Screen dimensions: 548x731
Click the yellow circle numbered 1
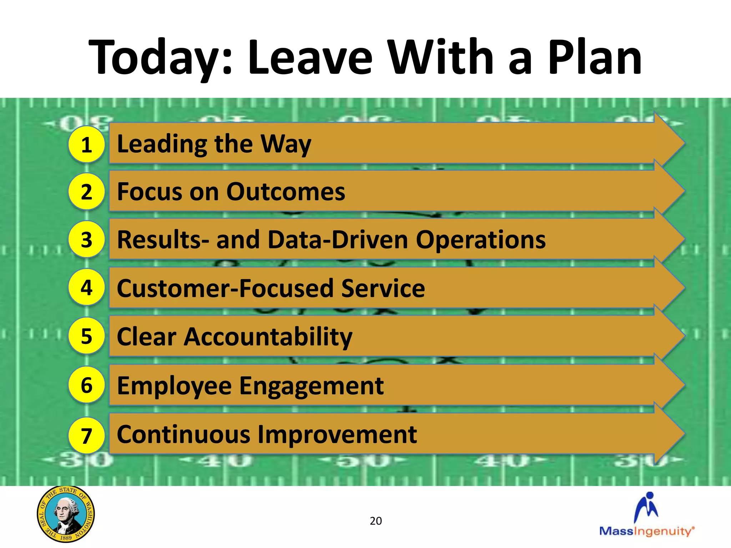pyautogui.click(x=86, y=144)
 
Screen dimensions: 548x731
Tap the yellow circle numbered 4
pyautogui.click(x=86, y=287)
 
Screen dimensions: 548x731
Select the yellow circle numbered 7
pyautogui.click(x=86, y=436)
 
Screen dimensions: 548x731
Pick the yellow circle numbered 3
pyautogui.click(x=86, y=239)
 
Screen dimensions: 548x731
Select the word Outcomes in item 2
pyautogui.click(x=286, y=192)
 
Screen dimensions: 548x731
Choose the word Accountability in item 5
pyautogui.click(x=268, y=337)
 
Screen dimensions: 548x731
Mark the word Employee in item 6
pyautogui.click(x=174, y=386)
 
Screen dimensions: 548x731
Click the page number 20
pyautogui.click(x=375, y=521)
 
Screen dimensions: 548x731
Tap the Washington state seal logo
pyautogui.click(x=66, y=514)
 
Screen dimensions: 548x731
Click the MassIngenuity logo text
pyautogui.click(x=646, y=531)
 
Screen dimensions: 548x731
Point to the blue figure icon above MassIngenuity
pyautogui.click(x=646, y=507)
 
